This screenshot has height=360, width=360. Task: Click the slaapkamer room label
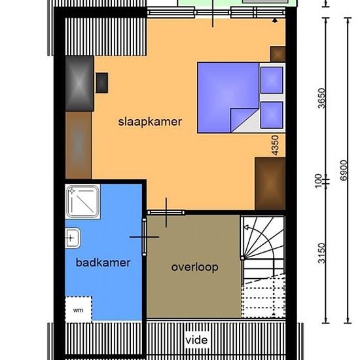click(x=150, y=122)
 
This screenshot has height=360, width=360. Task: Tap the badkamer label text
click(x=103, y=262)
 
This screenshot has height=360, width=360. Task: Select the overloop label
click(x=194, y=268)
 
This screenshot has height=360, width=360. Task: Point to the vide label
click(x=196, y=340)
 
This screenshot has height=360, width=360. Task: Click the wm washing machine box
click(x=79, y=309)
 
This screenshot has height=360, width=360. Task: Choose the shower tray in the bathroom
click(x=83, y=202)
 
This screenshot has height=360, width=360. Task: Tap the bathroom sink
click(x=73, y=238)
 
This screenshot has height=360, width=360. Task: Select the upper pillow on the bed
click(x=272, y=80)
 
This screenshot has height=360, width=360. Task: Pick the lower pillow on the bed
click(x=272, y=115)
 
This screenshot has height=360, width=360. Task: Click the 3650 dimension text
click(x=321, y=98)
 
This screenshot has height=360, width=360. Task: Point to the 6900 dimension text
click(x=344, y=170)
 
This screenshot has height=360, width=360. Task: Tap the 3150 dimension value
click(x=321, y=253)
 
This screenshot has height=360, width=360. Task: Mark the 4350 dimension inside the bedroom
click(x=275, y=145)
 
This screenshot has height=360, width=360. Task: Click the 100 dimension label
click(x=318, y=181)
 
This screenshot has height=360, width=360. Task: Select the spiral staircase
click(x=263, y=267)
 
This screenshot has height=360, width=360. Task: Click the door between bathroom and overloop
click(x=144, y=237)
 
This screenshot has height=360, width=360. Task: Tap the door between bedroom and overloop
click(x=166, y=213)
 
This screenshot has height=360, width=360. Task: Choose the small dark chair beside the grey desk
click(x=101, y=83)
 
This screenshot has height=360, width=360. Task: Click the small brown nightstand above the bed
click(x=278, y=54)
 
